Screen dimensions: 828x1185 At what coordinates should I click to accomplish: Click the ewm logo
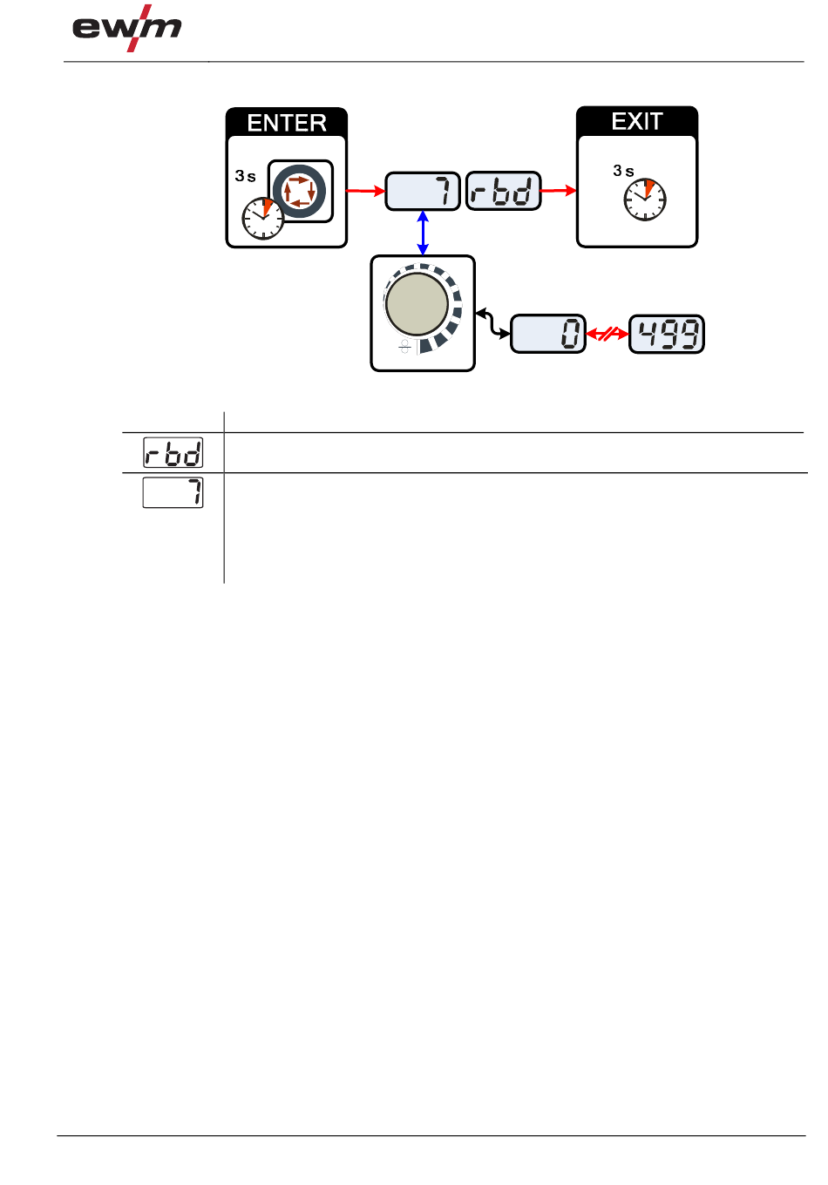click(127, 28)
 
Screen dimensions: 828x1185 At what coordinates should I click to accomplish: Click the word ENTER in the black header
click(286, 123)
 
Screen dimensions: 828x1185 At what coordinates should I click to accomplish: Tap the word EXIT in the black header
click(636, 122)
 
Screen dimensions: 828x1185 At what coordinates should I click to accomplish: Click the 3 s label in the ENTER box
click(245, 176)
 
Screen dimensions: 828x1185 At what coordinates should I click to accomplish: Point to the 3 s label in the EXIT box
click(623, 171)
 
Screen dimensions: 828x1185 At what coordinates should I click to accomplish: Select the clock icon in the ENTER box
click(263, 218)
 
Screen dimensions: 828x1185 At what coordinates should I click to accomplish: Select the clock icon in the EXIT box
click(644, 200)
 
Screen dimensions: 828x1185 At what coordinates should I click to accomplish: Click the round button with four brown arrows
click(300, 191)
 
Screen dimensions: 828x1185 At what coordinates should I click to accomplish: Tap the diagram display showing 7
click(422, 191)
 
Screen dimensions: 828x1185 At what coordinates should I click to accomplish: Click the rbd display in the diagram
click(503, 191)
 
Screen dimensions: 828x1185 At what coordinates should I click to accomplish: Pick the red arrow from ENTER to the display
click(365, 191)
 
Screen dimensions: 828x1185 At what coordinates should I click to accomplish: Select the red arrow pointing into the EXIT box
click(558, 191)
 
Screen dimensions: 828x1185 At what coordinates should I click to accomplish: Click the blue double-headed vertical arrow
click(423, 233)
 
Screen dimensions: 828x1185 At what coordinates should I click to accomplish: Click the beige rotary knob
click(417, 304)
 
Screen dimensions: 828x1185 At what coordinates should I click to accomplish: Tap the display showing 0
click(547, 334)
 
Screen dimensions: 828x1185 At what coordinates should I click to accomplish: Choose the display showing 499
click(666, 334)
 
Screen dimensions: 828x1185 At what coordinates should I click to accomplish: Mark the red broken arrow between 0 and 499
click(607, 334)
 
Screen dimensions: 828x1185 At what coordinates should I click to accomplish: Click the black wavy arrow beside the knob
click(492, 323)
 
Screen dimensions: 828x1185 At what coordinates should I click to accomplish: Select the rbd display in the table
click(173, 452)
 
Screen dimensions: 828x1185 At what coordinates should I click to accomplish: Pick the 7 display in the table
click(173, 492)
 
